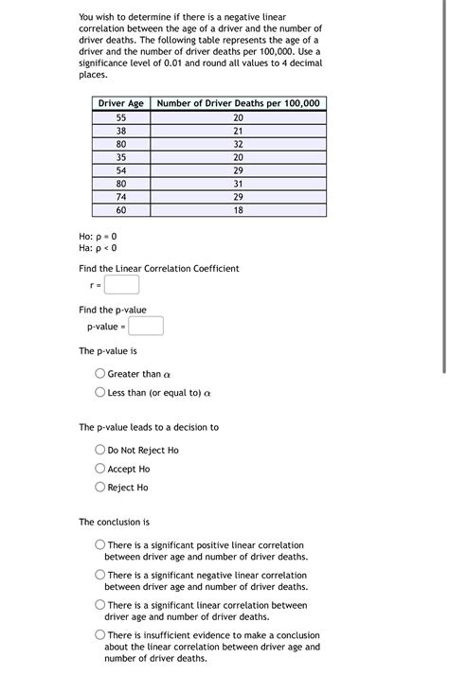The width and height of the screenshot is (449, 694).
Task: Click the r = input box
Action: coord(122,284)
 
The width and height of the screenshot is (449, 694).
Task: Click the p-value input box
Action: coord(146,327)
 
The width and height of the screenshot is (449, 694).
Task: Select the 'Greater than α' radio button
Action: coord(100,374)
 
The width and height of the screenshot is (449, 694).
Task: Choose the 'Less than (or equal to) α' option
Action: coord(100,392)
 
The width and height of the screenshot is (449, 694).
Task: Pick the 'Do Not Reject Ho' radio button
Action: coord(100,450)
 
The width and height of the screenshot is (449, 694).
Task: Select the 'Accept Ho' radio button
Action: coord(100,469)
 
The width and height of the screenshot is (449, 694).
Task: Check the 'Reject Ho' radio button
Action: coord(100,488)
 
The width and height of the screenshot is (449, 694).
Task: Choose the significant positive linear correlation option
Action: coord(100,545)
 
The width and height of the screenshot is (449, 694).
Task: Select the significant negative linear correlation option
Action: coord(100,575)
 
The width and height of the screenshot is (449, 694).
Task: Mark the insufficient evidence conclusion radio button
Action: coord(100,635)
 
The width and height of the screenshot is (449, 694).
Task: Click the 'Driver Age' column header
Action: coord(120,103)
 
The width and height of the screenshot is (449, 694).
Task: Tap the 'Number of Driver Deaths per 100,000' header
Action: coord(238,103)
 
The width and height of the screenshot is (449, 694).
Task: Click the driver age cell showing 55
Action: coord(120,117)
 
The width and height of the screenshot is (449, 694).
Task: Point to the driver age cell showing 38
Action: coord(120,131)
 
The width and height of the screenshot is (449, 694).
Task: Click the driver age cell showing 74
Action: coord(120,197)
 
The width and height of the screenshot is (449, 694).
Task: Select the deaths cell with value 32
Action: coord(238,144)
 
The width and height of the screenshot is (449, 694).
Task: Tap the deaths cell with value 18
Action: coord(238,210)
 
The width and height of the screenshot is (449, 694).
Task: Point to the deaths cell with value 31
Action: coord(238,184)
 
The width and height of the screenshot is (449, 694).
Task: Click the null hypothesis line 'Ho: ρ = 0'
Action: coord(99,236)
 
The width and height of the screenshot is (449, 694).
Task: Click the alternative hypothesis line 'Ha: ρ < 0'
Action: coord(99,248)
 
